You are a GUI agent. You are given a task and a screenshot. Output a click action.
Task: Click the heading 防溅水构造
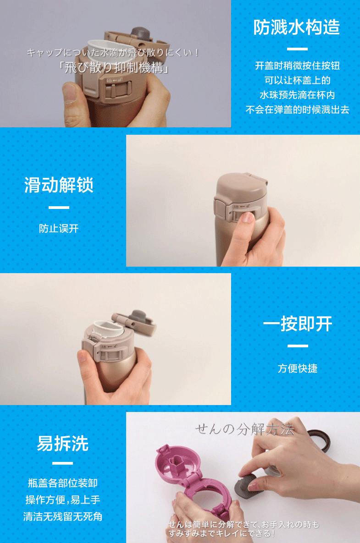(x=297, y=27)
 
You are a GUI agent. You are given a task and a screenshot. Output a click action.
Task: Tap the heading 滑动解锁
(x=59, y=186)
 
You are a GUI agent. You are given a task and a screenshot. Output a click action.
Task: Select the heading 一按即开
(x=297, y=324)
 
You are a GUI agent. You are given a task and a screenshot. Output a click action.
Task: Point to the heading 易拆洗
(x=62, y=443)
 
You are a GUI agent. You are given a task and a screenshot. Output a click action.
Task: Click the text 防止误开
(x=59, y=228)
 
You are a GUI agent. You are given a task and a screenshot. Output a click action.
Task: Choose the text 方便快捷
(x=297, y=368)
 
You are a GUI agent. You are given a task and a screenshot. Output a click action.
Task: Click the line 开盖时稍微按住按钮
(x=297, y=66)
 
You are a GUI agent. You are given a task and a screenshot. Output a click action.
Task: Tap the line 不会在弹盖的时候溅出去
(x=297, y=110)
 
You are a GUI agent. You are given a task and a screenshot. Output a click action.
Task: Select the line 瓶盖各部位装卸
(x=62, y=483)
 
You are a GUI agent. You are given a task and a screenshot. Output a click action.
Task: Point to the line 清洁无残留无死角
(x=62, y=517)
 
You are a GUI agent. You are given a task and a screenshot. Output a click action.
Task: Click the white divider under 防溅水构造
(x=297, y=49)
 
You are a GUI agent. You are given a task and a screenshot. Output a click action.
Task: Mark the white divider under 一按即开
(x=297, y=346)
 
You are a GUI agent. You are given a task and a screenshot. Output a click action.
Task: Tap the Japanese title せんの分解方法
(x=244, y=429)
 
